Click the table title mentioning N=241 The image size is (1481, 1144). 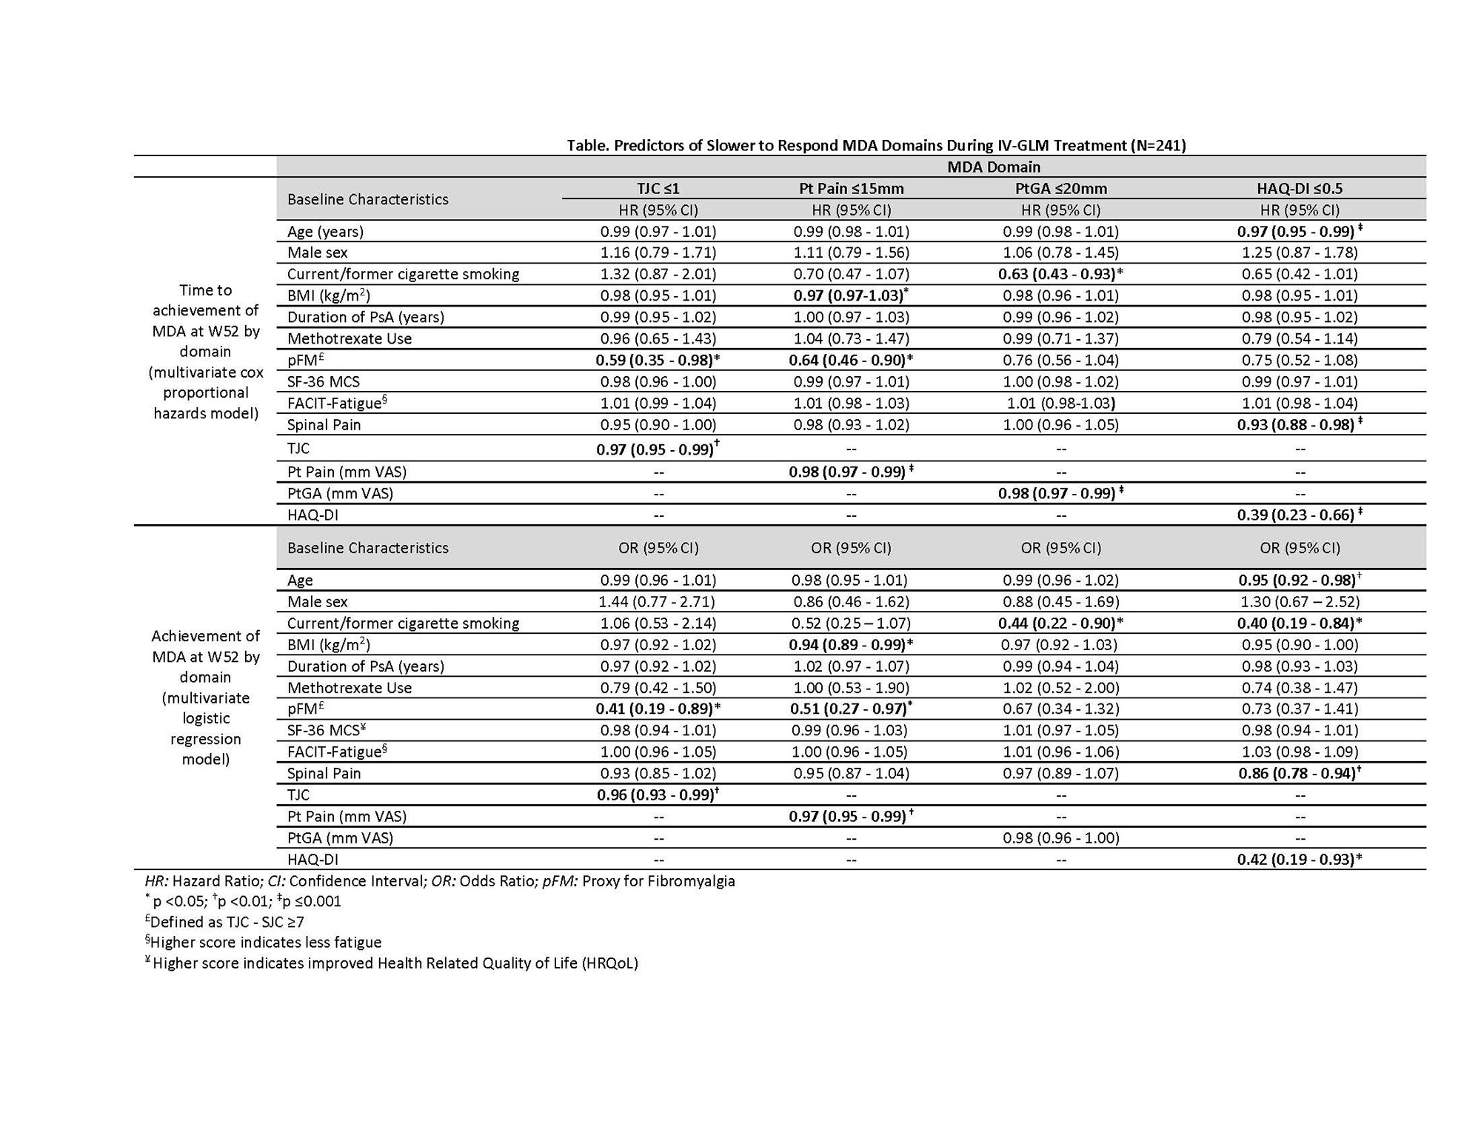tap(876, 145)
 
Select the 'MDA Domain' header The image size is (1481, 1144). tap(994, 167)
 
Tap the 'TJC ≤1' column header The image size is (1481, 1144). tap(658, 188)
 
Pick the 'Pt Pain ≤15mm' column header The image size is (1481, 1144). tap(851, 188)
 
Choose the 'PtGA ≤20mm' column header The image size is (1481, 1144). tap(1060, 188)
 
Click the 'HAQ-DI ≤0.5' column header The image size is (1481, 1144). tap(1299, 188)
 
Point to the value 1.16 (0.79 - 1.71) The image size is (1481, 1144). tap(658, 252)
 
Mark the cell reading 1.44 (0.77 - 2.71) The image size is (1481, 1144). tap(658, 601)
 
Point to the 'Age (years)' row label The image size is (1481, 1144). tap(325, 231)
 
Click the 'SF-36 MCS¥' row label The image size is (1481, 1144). tap(327, 730)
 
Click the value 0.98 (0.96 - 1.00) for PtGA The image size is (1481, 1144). tap(1060, 837)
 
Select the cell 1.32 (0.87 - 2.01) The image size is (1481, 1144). tap(658, 274)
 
